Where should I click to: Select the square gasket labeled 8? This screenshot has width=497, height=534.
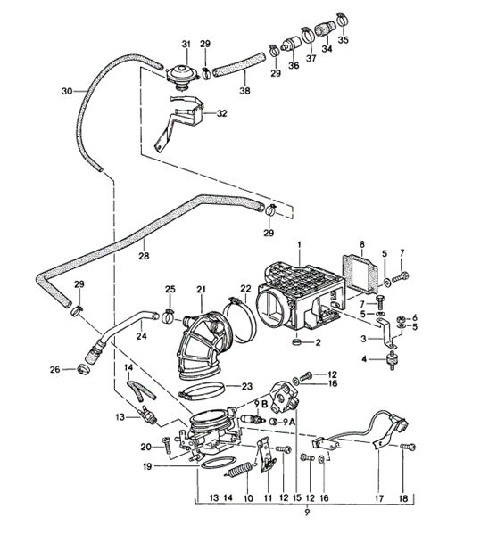[361, 272]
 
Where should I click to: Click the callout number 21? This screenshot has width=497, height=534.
[201, 289]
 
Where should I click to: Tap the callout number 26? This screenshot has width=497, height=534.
[54, 370]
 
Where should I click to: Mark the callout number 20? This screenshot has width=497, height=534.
[146, 448]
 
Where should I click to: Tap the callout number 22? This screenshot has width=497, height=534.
[245, 289]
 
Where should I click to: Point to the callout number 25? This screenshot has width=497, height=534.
[170, 289]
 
